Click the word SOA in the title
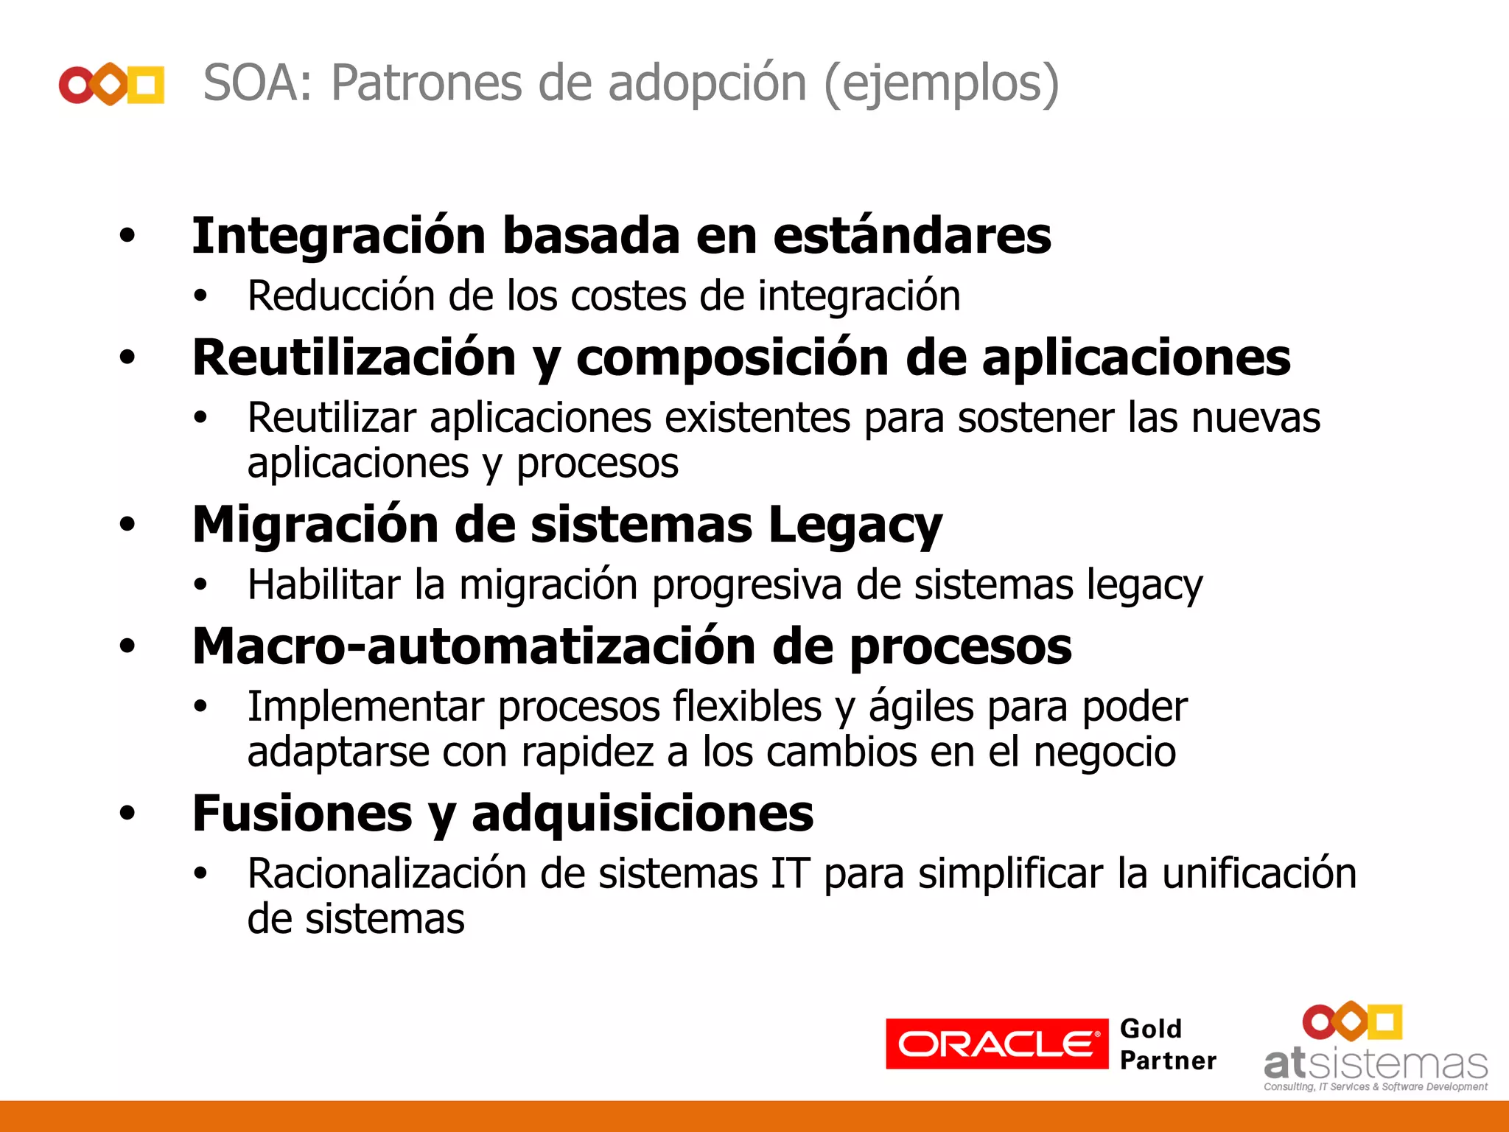[251, 83]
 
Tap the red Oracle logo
[996, 1044]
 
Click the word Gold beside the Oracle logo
[1150, 1029]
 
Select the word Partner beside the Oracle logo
[1168, 1061]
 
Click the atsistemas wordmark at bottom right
[1375, 1064]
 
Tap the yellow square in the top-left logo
[147, 84]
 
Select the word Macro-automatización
[474, 646]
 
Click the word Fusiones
[302, 814]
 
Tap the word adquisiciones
[643, 814]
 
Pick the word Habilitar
[324, 585]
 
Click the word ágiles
[921, 707]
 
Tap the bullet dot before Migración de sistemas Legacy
[127, 525]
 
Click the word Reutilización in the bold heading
[354, 358]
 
